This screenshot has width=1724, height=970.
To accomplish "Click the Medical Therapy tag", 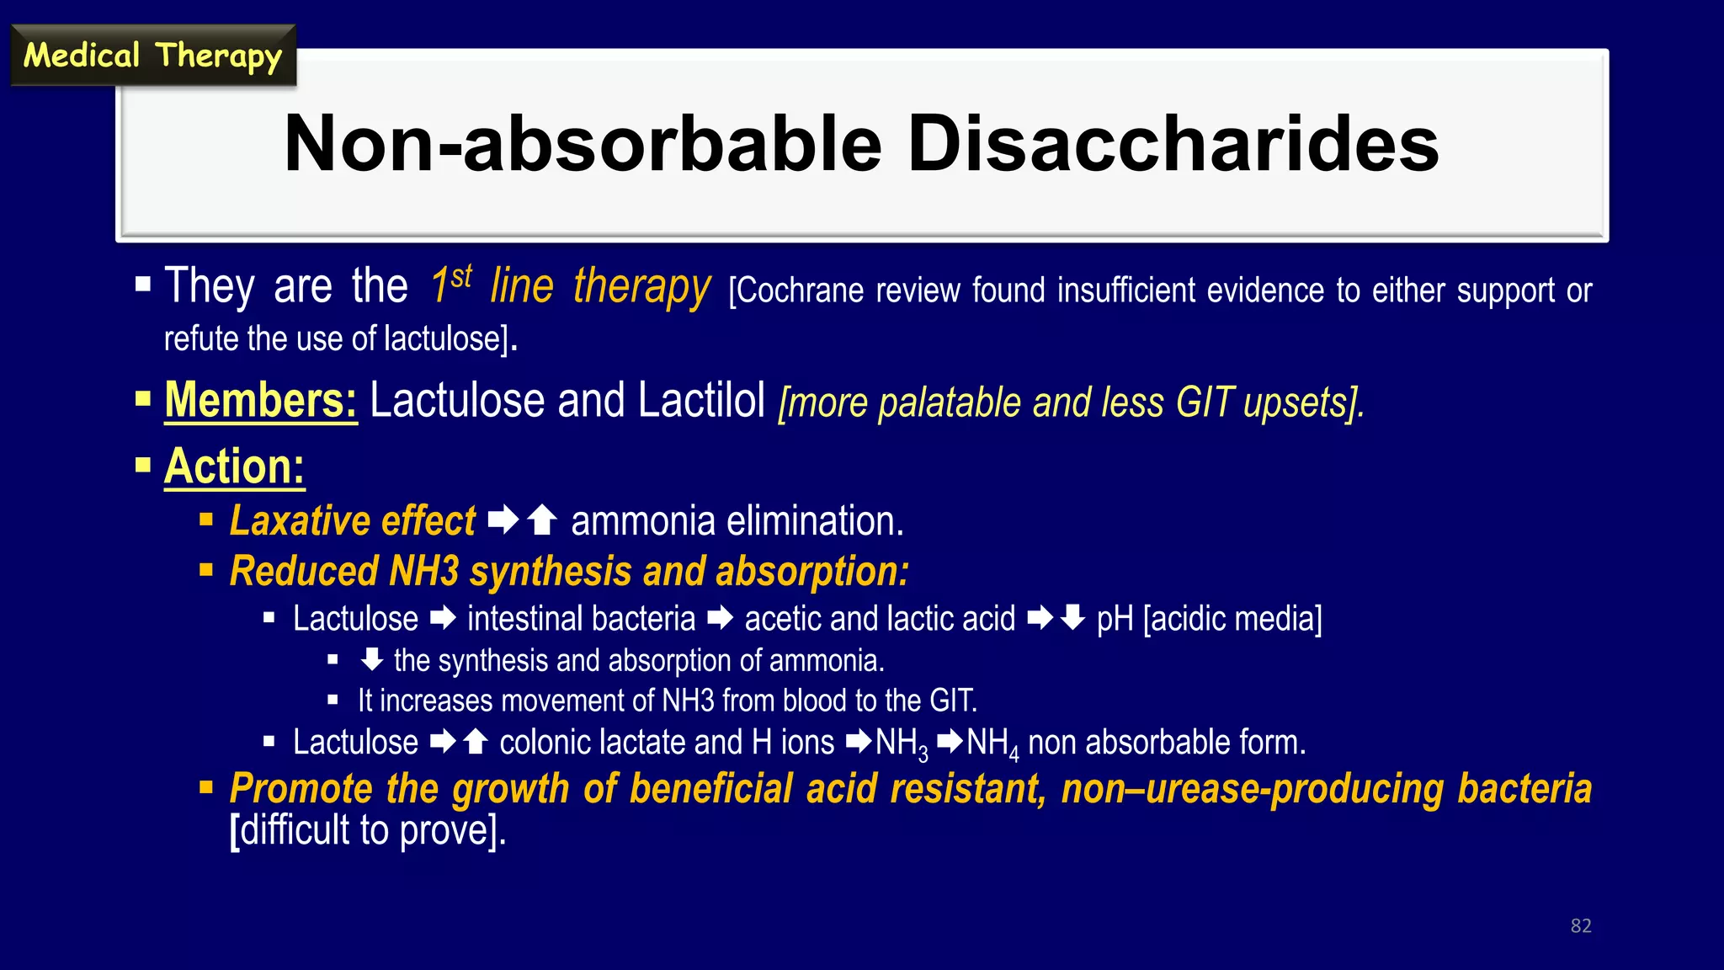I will tap(152, 56).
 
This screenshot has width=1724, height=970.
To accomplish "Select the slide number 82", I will tap(1580, 925).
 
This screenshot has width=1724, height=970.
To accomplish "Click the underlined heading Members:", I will tap(261, 401).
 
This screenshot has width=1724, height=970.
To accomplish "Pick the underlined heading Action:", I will tap(234, 466).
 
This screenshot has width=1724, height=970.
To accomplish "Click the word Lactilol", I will tap(701, 401).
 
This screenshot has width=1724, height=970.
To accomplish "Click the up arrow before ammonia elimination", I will tap(543, 520).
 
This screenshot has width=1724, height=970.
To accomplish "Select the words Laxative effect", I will tap(353, 521).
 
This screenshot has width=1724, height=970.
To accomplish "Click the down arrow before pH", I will tap(1072, 619).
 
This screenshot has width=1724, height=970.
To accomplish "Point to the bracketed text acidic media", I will tap(1232, 619).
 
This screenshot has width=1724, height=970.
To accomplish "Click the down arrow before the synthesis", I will tap(371, 660).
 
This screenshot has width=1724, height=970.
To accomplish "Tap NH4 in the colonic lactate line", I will tap(992, 743).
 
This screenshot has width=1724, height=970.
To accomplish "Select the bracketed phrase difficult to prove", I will tap(369, 831).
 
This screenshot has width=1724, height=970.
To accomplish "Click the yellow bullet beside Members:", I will tap(143, 397).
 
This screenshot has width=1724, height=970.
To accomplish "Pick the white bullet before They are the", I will tap(143, 284).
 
